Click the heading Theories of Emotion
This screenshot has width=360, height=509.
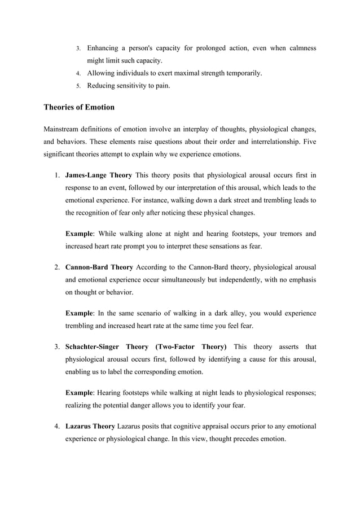coord(78,107)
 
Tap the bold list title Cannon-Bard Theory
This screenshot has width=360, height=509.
coord(99,266)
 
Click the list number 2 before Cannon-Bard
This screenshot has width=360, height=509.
coord(56,266)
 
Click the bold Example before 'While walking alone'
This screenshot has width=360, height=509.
coord(79,234)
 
